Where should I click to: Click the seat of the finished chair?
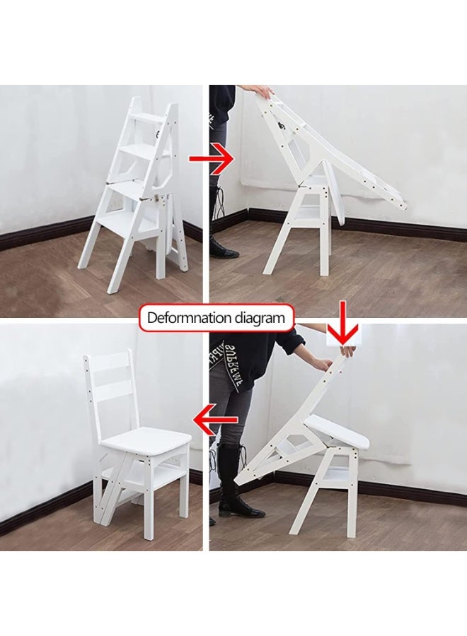point(146,442)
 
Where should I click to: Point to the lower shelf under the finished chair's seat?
point(151,483)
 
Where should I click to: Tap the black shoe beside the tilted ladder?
point(221,247)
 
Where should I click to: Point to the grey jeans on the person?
point(226,410)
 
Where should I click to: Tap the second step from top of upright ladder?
point(147,150)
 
